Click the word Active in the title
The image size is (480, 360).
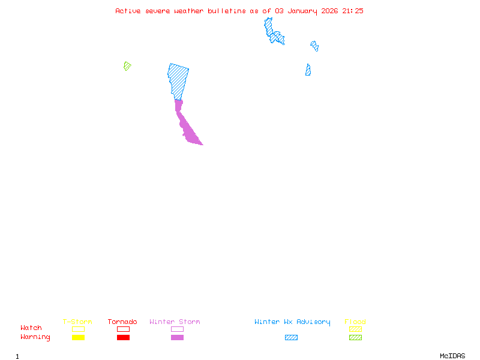coord(128,11)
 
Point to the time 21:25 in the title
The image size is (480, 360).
coord(353,11)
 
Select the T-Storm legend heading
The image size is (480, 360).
coord(77,322)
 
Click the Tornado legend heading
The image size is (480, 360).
coord(122,322)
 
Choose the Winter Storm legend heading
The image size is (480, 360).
coord(175,322)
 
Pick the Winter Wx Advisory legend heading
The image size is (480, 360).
coord(292,322)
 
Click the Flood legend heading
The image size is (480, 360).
coord(355,322)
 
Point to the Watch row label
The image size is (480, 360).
coord(31,328)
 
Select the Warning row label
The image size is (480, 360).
coord(35,337)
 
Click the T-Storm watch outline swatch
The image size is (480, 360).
coord(78,329)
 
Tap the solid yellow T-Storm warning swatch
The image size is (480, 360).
coord(78,337)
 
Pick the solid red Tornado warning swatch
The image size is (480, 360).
coord(123,337)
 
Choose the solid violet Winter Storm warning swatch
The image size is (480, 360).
coord(177,337)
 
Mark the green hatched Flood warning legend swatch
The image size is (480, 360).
coord(355,337)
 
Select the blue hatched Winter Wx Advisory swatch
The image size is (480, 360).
coord(291,337)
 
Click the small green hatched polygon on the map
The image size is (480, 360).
coord(127,65)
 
